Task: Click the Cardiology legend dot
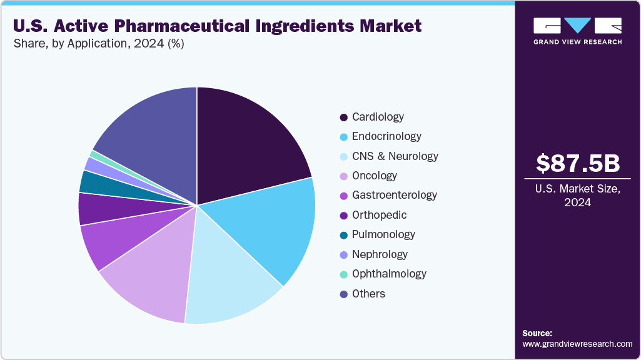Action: click(343, 117)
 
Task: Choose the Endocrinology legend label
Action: click(386, 136)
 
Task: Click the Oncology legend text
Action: click(374, 176)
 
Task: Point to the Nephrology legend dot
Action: click(343, 254)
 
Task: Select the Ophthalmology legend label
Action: click(389, 274)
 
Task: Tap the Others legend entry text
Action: click(368, 294)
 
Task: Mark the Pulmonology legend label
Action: click(383, 234)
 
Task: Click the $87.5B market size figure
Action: click(578, 164)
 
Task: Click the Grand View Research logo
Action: click(577, 31)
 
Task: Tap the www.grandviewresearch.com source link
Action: click(577, 344)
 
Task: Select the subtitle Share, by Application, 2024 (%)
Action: click(98, 44)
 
